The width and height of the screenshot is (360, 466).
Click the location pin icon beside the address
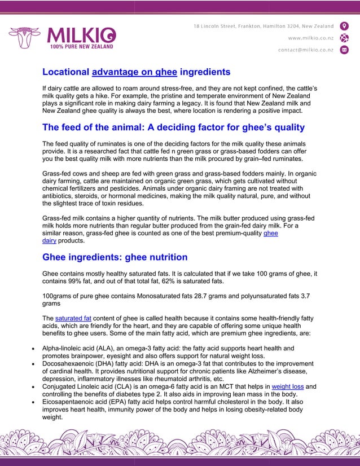[x=344, y=27]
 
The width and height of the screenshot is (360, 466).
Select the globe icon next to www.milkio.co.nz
[x=344, y=38]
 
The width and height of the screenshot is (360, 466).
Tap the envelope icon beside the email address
[x=344, y=50]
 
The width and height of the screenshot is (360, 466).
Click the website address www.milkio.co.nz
[x=310, y=38]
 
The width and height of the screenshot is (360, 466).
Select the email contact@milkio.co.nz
[x=305, y=50]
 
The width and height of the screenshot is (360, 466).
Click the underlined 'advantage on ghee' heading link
[x=134, y=72]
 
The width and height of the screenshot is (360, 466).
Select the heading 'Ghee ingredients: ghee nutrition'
[x=115, y=257]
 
